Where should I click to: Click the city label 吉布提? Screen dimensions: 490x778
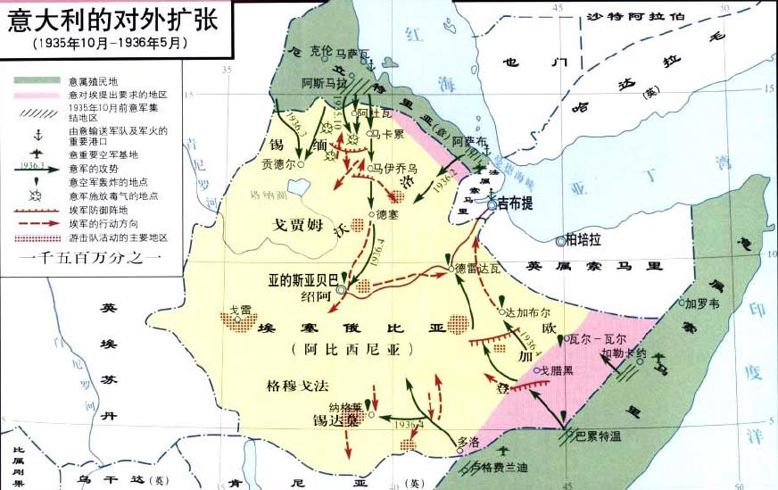(515, 203)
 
